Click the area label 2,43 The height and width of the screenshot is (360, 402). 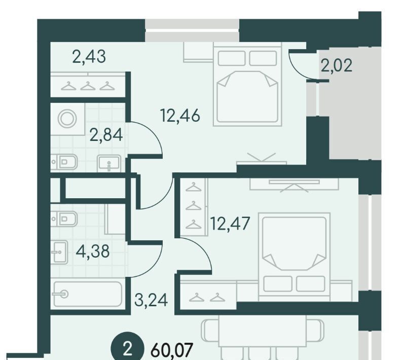pos(89,57)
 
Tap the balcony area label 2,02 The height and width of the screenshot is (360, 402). pos(337,66)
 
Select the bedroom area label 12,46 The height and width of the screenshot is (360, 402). pos(180,116)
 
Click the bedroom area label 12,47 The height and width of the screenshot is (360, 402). pos(230,224)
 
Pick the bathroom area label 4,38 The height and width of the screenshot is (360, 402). pos(93,251)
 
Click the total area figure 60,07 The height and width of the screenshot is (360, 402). pos(171,350)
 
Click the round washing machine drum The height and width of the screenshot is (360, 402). pos(67,119)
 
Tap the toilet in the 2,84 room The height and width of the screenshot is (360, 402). pos(64,162)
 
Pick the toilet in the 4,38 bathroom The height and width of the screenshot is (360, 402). pos(64,219)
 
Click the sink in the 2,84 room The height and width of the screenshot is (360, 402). pos(109,164)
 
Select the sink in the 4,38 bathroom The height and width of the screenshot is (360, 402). pos(59,252)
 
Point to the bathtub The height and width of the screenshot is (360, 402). pos(88,294)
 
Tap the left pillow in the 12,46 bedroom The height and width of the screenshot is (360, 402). pos(232,58)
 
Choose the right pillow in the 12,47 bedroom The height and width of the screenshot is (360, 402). pos(310,283)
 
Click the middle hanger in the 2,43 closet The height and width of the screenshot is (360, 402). pos(88,86)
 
